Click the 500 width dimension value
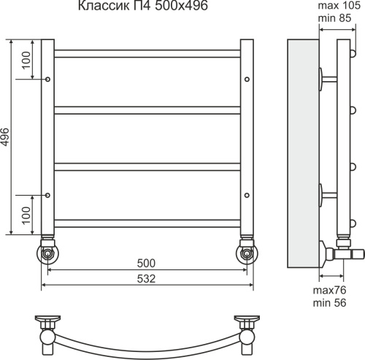pyautogui.click(x=147, y=262)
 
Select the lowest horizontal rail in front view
pyautogui.click(x=147, y=221)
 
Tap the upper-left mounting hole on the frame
pyautogui.click(x=48, y=77)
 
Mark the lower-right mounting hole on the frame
pyautogui.click(x=247, y=194)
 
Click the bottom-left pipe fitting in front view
pyautogui.click(x=48, y=252)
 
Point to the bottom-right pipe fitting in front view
pyautogui.click(x=247, y=252)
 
